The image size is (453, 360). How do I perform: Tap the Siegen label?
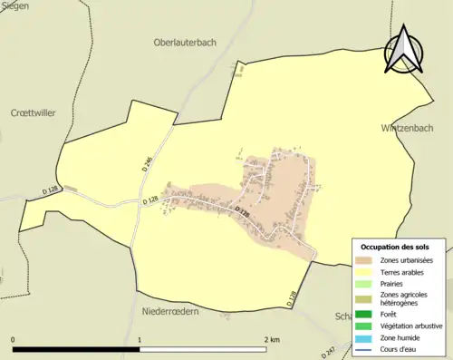coord(15,5)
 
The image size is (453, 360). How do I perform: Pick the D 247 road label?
coord(331,352)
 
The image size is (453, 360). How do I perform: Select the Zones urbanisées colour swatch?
coord(366,260)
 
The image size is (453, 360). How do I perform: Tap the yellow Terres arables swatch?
coord(366,272)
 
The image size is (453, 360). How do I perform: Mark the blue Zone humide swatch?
coord(366,338)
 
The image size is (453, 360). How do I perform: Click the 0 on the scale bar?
coord(13,339)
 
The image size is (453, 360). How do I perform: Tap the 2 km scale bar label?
coord(272,339)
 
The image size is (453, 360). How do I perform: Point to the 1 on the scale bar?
coord(140,339)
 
